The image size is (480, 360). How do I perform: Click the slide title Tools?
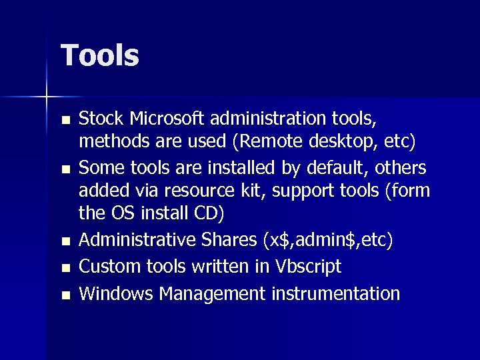(x=100, y=55)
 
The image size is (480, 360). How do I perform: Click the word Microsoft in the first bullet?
(x=167, y=119)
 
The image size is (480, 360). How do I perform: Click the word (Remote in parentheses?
(x=267, y=143)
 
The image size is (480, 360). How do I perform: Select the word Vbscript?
(x=308, y=267)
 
